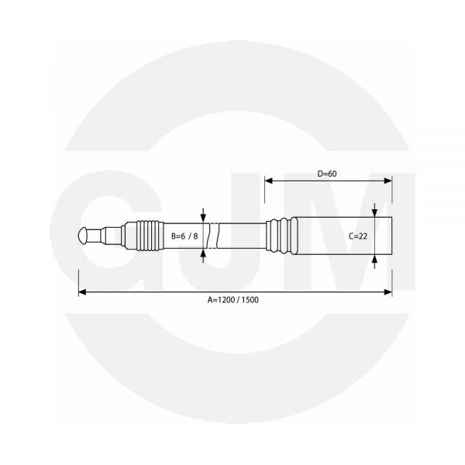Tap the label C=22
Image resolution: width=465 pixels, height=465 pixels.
[357, 236]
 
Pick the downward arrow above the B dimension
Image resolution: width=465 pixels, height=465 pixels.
[204, 217]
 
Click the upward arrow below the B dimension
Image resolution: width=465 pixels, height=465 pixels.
[204, 251]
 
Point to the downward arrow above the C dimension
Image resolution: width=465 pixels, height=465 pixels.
[374, 212]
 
